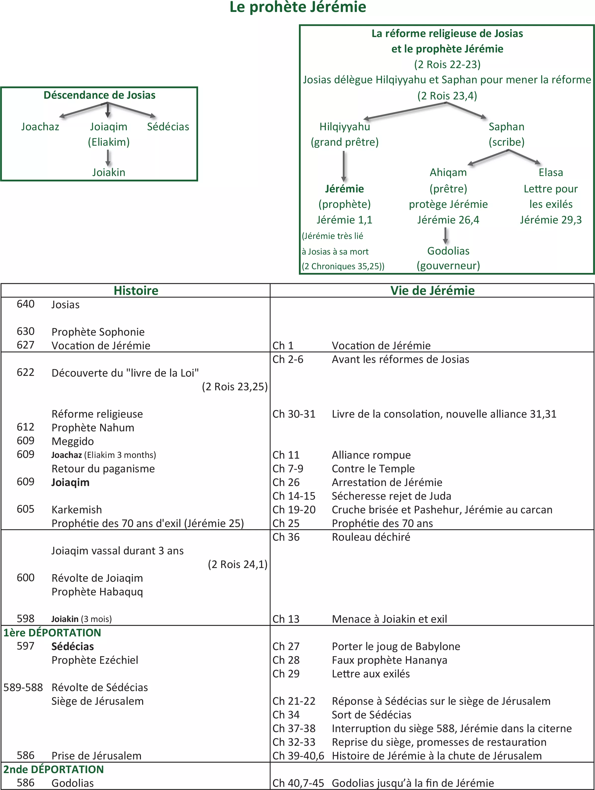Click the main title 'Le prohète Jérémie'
pos(297,7)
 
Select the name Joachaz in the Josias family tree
pos(40,127)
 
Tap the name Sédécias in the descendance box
pos(168,127)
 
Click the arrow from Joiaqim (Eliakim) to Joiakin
pos(108,158)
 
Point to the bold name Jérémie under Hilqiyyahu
pos(344,189)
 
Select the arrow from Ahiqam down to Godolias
pos(445,236)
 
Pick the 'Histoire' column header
pos(136,290)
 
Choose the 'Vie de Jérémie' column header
pos(432,290)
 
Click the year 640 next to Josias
pos(26,304)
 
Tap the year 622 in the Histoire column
pos(26,372)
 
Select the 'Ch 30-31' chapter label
pos(294,414)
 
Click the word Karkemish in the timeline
pos(77,510)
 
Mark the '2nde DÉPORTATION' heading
pos(54,769)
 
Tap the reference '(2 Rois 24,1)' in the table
pos(238,564)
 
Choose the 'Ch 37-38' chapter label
pos(294,728)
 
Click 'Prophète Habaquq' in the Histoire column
pos(97,592)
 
